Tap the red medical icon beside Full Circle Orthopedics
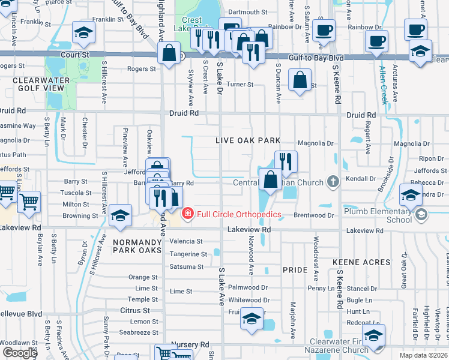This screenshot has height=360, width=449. [x=188, y=214]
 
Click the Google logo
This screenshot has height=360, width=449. [x=20, y=353]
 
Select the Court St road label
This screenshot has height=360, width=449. [x=74, y=55]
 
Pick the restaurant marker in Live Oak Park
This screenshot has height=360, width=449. [x=286, y=161]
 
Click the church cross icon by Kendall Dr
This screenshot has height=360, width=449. [x=334, y=182]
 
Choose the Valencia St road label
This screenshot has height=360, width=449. [x=186, y=241]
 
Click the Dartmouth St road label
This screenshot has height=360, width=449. [x=247, y=12]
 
